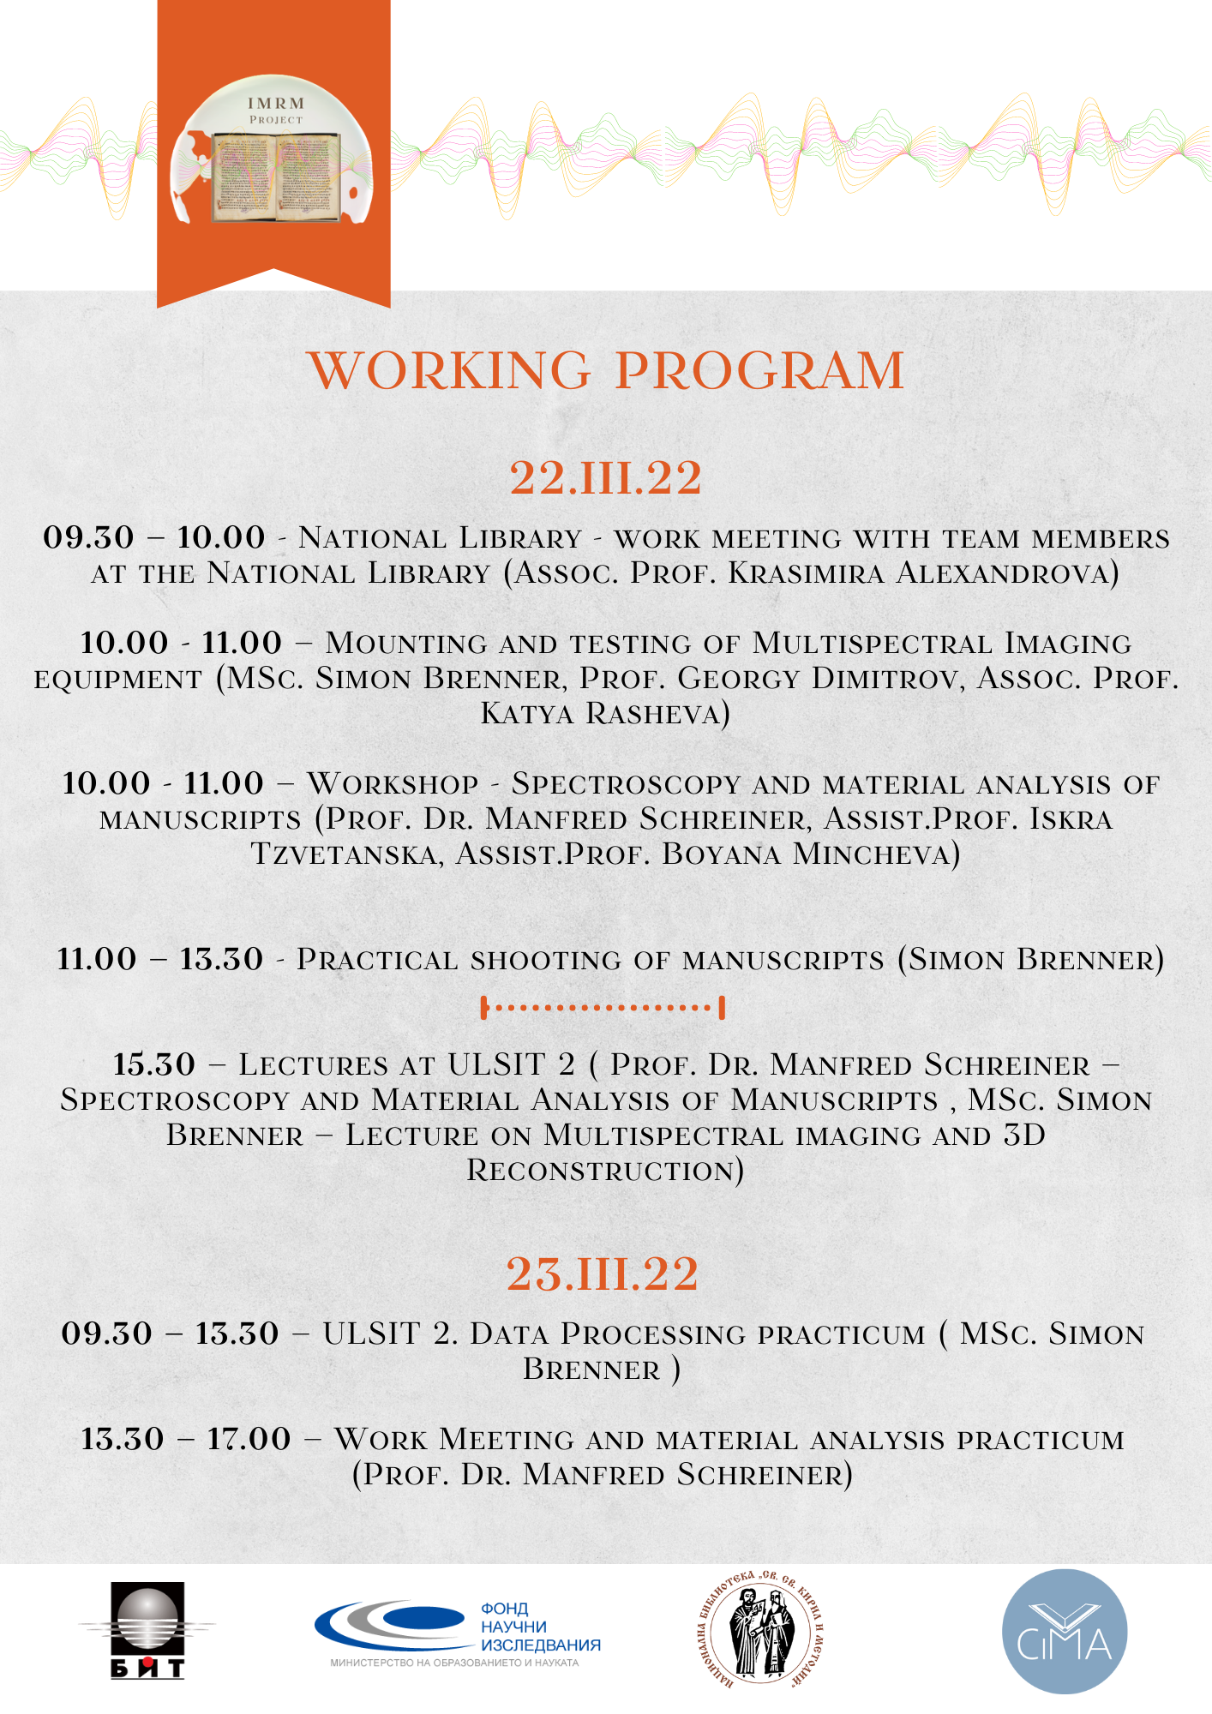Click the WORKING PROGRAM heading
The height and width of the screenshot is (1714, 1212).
pyautogui.click(x=606, y=370)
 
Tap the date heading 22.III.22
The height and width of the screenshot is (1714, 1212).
pyautogui.click(x=606, y=477)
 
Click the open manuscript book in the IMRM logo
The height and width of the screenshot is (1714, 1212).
pyautogui.click(x=276, y=176)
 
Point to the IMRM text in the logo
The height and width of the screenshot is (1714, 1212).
pyautogui.click(x=276, y=104)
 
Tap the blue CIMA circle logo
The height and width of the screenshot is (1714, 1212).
pyautogui.click(x=1065, y=1632)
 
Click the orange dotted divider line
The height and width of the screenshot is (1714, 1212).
pyautogui.click(x=603, y=1008)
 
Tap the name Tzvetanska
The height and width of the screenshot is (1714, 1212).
pyautogui.click(x=344, y=854)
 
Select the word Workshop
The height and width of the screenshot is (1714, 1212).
pyautogui.click(x=393, y=783)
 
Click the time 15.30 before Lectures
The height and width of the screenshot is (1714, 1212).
pyautogui.click(x=154, y=1064)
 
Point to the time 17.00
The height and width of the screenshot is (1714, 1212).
pyautogui.click(x=249, y=1439)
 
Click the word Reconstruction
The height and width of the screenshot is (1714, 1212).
pyautogui.click(x=604, y=1170)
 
